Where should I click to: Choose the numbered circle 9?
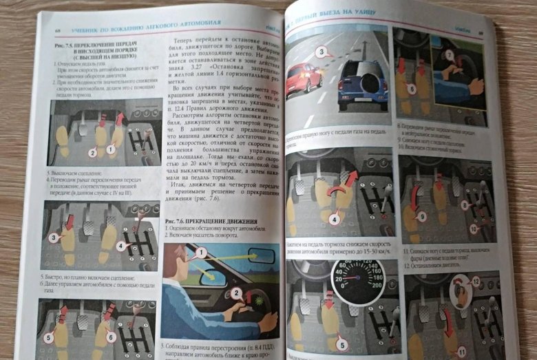(x=422, y=215)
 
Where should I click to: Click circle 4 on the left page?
(x=120, y=244)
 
